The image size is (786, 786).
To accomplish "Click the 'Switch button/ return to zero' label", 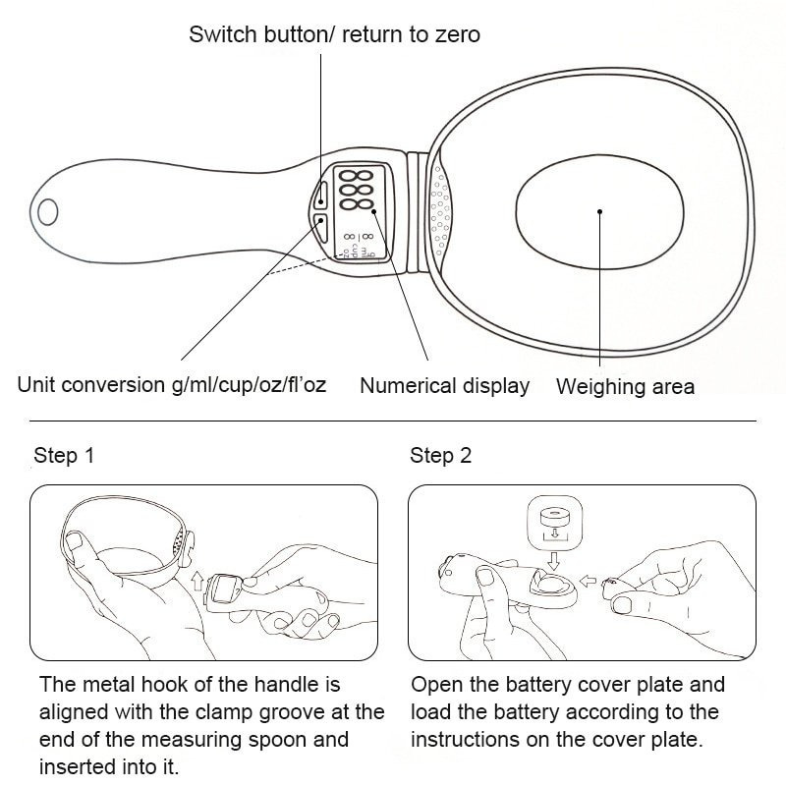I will [x=334, y=35].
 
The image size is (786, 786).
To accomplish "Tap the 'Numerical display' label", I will [x=444, y=386].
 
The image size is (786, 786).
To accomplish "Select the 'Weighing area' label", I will [x=625, y=386].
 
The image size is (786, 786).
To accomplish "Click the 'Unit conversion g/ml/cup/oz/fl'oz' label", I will [x=172, y=385].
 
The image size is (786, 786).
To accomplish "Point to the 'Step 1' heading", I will [x=65, y=456].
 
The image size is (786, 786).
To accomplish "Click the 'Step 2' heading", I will [x=441, y=456].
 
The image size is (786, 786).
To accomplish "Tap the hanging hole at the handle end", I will [x=49, y=211].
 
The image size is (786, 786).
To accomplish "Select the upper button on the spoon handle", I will [x=321, y=193].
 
